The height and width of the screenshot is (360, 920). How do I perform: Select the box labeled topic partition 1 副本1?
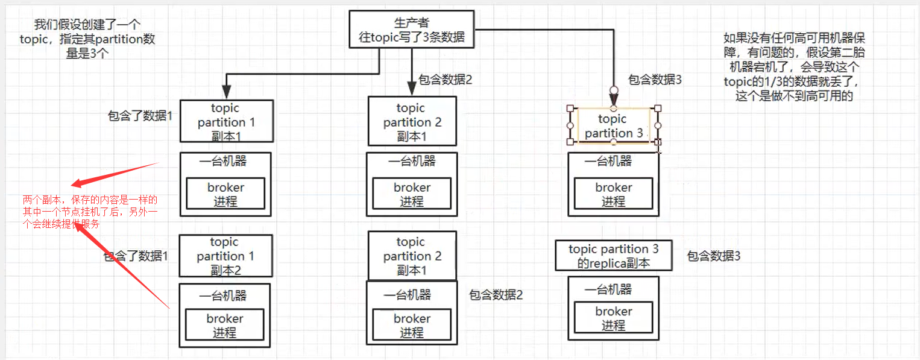click(226, 122)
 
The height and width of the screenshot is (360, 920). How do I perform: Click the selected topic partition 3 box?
click(613, 126)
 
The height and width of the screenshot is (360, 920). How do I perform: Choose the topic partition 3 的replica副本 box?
click(613, 256)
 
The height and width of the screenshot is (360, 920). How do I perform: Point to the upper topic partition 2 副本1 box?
click(412, 122)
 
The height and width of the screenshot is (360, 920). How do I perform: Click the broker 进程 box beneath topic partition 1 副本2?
click(225, 326)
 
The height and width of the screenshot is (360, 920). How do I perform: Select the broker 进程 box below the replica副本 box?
click(613, 318)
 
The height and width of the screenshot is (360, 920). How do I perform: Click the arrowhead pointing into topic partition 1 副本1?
click(226, 92)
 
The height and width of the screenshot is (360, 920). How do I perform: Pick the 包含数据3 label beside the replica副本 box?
click(714, 256)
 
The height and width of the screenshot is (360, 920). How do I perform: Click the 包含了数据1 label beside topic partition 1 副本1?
click(140, 116)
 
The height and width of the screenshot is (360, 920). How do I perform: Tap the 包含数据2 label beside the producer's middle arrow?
click(445, 80)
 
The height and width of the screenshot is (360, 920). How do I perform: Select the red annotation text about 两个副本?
click(90, 211)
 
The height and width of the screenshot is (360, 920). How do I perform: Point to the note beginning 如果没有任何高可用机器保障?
click(795, 67)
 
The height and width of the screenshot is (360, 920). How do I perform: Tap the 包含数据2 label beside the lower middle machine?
click(496, 295)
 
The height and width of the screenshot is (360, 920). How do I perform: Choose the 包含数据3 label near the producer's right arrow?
click(655, 80)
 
